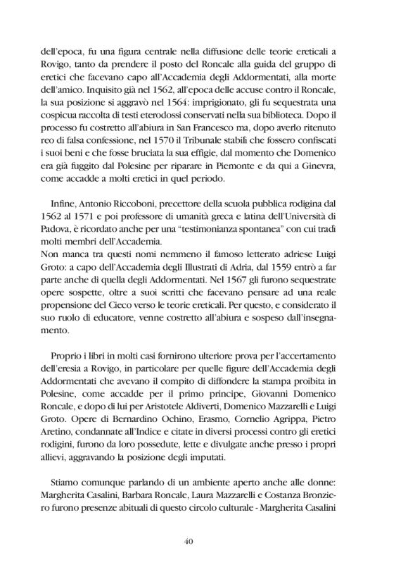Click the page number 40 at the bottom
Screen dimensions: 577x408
(x=203, y=541)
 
